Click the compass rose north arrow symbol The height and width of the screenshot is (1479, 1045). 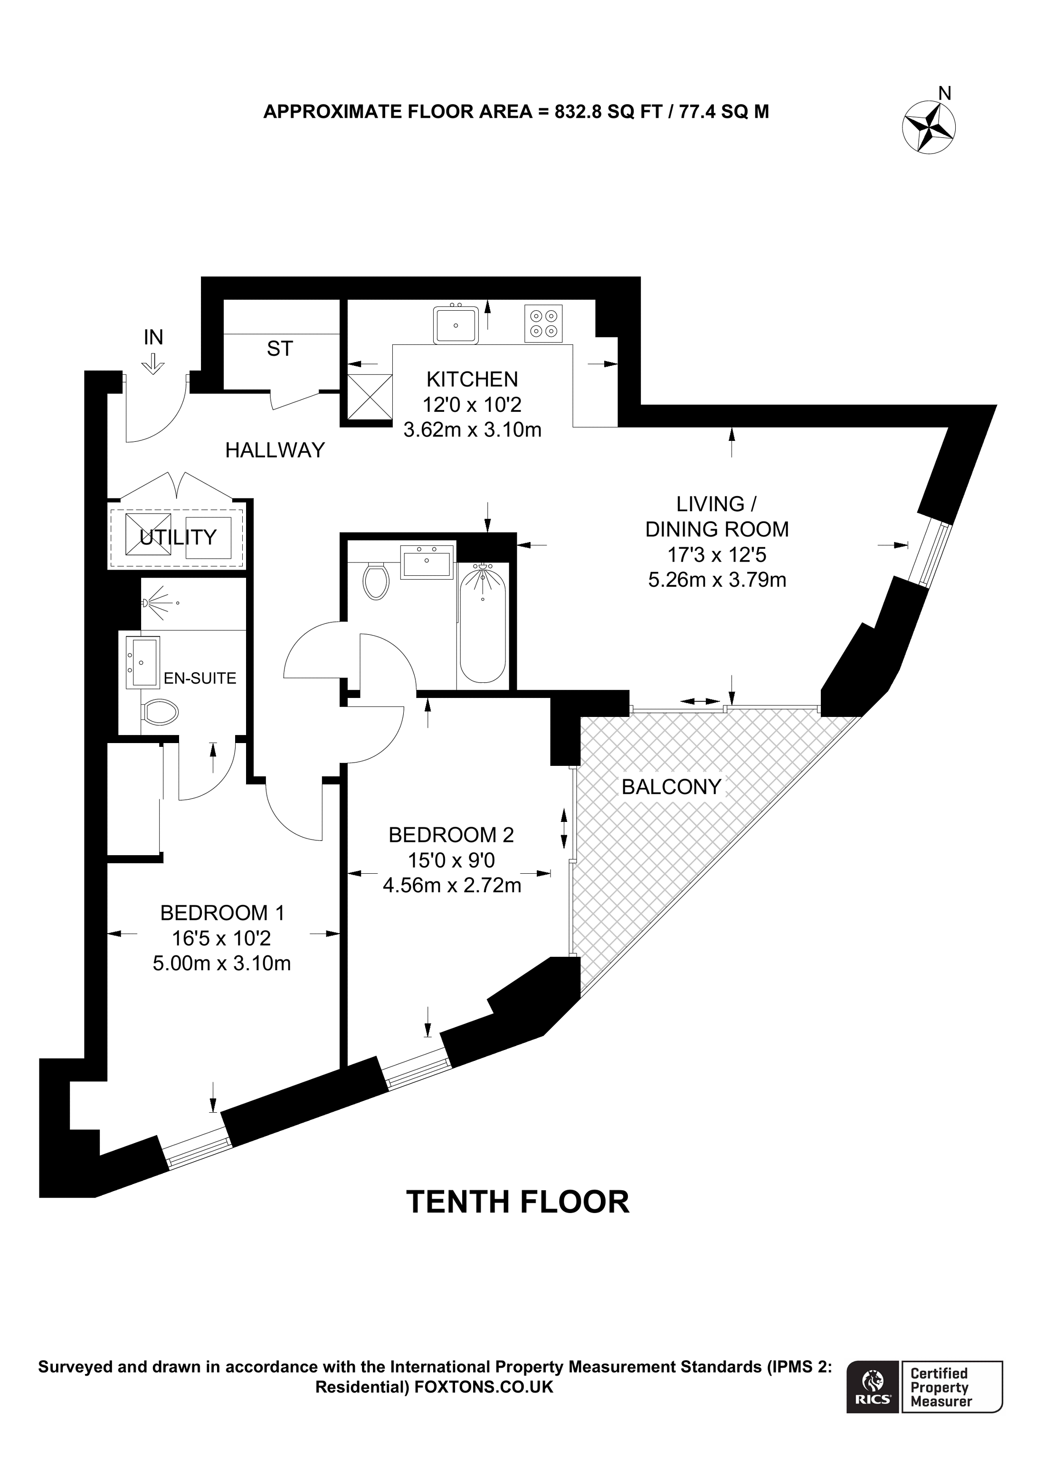(x=929, y=127)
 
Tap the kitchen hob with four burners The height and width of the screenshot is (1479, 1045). (x=543, y=324)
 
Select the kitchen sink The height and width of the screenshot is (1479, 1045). (x=456, y=324)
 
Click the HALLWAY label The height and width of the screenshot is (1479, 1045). (x=275, y=450)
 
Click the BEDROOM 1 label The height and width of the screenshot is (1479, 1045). (x=222, y=912)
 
